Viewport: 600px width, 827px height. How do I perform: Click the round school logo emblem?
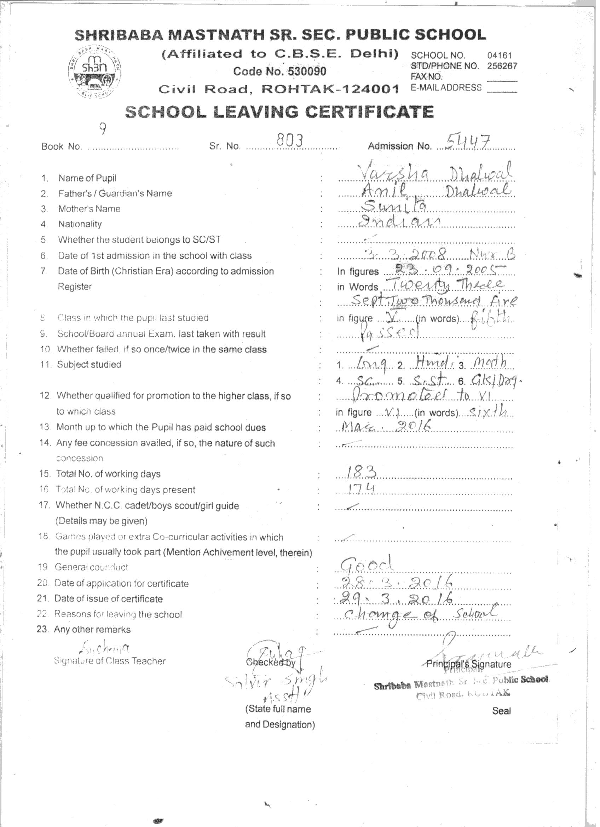coord(95,72)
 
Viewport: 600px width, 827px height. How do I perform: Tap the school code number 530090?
coord(307,71)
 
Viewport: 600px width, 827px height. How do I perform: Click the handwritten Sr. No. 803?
coord(290,140)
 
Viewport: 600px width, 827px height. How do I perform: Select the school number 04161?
coord(499,56)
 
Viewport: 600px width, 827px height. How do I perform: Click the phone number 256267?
coord(502,66)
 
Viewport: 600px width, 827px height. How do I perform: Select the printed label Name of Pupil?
coord(87,178)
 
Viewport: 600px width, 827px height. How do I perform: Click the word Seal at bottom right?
coord(501,711)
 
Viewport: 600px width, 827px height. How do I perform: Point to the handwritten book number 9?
coord(103,128)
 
